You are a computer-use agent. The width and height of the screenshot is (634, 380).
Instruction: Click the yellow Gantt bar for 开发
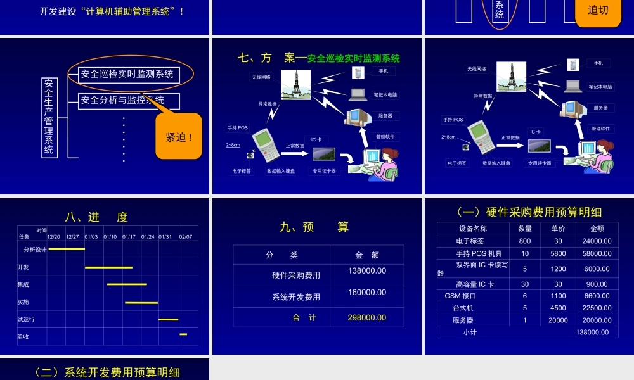pos(108,267)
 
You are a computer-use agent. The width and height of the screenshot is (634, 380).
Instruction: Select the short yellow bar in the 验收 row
pos(183,334)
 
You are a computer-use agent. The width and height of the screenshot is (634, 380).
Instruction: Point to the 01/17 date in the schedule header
pos(129,237)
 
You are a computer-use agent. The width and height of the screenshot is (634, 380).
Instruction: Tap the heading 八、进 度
pos(96,217)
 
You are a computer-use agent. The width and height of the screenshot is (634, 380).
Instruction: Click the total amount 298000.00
pos(366,318)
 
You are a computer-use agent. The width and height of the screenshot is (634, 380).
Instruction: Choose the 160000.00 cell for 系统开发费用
pos(366,293)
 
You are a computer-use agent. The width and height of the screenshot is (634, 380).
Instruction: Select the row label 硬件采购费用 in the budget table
pos(296,275)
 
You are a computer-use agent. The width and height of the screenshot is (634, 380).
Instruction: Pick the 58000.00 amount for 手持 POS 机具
pos(597,253)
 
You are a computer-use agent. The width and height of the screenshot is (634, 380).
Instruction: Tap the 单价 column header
pos(558,229)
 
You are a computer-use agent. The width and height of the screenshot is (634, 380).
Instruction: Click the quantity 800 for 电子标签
pos(525,241)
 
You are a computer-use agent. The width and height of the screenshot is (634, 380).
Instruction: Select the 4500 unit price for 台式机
pos(558,308)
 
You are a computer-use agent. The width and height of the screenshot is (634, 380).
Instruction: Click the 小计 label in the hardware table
pos(470,332)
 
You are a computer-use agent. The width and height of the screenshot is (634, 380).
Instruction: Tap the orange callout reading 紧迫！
pos(179,137)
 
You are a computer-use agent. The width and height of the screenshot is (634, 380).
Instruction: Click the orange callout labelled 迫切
pos(598,10)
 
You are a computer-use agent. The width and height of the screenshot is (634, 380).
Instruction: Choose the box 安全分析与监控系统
pos(129,100)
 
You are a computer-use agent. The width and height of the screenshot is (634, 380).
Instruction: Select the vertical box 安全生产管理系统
pos(49,117)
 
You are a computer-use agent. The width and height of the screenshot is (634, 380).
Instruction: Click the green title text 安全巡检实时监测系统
pos(354,59)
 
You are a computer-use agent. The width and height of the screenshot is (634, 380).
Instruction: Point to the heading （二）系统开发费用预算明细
pos(105,372)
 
